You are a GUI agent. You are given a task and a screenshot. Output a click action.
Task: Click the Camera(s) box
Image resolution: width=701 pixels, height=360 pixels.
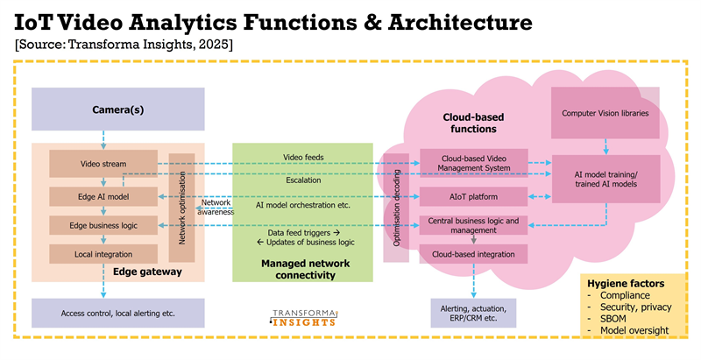pyautogui.click(x=117, y=110)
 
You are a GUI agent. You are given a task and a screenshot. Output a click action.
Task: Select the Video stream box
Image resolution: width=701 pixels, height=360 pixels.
pyautogui.click(x=102, y=164)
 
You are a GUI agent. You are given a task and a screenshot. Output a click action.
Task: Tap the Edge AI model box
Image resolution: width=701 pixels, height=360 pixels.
pyautogui.click(x=102, y=194)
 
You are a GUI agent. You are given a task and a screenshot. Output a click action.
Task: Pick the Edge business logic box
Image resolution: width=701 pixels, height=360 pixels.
pyautogui.click(x=102, y=225)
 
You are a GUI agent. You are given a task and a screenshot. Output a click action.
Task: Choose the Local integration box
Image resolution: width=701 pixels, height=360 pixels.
pyautogui.click(x=102, y=254)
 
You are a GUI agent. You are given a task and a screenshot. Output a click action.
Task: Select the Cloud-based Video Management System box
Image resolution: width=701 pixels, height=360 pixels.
pyautogui.click(x=473, y=161)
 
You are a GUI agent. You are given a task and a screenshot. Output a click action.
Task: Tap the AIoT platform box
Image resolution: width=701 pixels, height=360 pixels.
pyautogui.click(x=473, y=194)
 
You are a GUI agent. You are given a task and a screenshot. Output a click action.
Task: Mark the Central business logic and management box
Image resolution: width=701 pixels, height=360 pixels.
pyautogui.click(x=473, y=225)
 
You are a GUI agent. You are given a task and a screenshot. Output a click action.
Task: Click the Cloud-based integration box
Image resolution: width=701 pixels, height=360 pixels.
pyautogui.click(x=473, y=253)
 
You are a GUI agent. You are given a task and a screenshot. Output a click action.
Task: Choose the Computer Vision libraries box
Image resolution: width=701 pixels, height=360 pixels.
pyautogui.click(x=605, y=112)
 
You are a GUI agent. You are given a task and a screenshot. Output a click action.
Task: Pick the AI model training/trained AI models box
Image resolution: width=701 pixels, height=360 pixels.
pyautogui.click(x=605, y=180)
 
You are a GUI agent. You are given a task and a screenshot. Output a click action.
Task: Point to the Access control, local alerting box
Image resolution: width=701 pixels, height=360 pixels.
pyautogui.click(x=117, y=313)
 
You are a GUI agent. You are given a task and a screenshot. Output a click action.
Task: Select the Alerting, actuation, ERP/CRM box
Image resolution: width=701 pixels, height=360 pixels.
pyautogui.click(x=473, y=313)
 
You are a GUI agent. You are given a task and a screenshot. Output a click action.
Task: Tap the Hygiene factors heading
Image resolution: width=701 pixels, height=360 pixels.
pyautogui.click(x=625, y=284)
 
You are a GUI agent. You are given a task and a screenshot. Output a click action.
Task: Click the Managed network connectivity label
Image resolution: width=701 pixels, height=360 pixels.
pyautogui.click(x=298, y=269)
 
